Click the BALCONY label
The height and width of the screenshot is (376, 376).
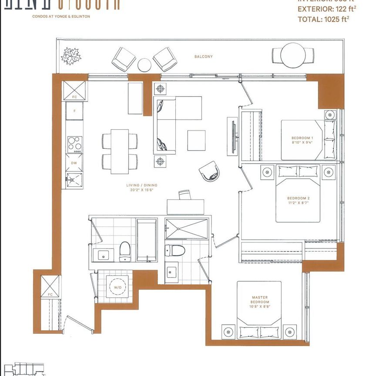point(204,57)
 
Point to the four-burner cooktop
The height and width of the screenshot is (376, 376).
point(74,143)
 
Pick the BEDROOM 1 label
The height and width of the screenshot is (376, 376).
point(302,138)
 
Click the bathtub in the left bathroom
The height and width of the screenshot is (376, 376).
point(147,240)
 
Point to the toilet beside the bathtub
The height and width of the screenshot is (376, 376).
point(125,251)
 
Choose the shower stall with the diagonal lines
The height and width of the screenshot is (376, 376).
point(187,229)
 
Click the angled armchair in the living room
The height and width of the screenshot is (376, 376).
point(209,171)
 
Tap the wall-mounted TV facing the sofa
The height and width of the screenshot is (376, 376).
point(234,136)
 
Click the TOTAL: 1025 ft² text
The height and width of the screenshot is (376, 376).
point(325,19)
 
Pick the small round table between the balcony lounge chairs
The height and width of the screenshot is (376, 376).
point(144,64)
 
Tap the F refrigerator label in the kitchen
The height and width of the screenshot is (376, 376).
point(74,111)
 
